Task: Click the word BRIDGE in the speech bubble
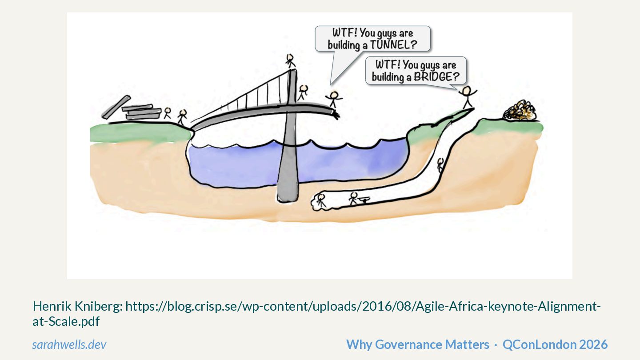tap(436, 76)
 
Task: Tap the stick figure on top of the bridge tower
tap(291, 60)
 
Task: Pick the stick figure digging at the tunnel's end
tap(321, 200)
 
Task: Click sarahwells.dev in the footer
tap(69, 344)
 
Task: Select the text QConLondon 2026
tap(555, 344)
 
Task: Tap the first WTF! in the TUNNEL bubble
tap(344, 33)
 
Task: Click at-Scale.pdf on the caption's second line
tap(66, 321)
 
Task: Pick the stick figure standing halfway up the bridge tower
tap(303, 92)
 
